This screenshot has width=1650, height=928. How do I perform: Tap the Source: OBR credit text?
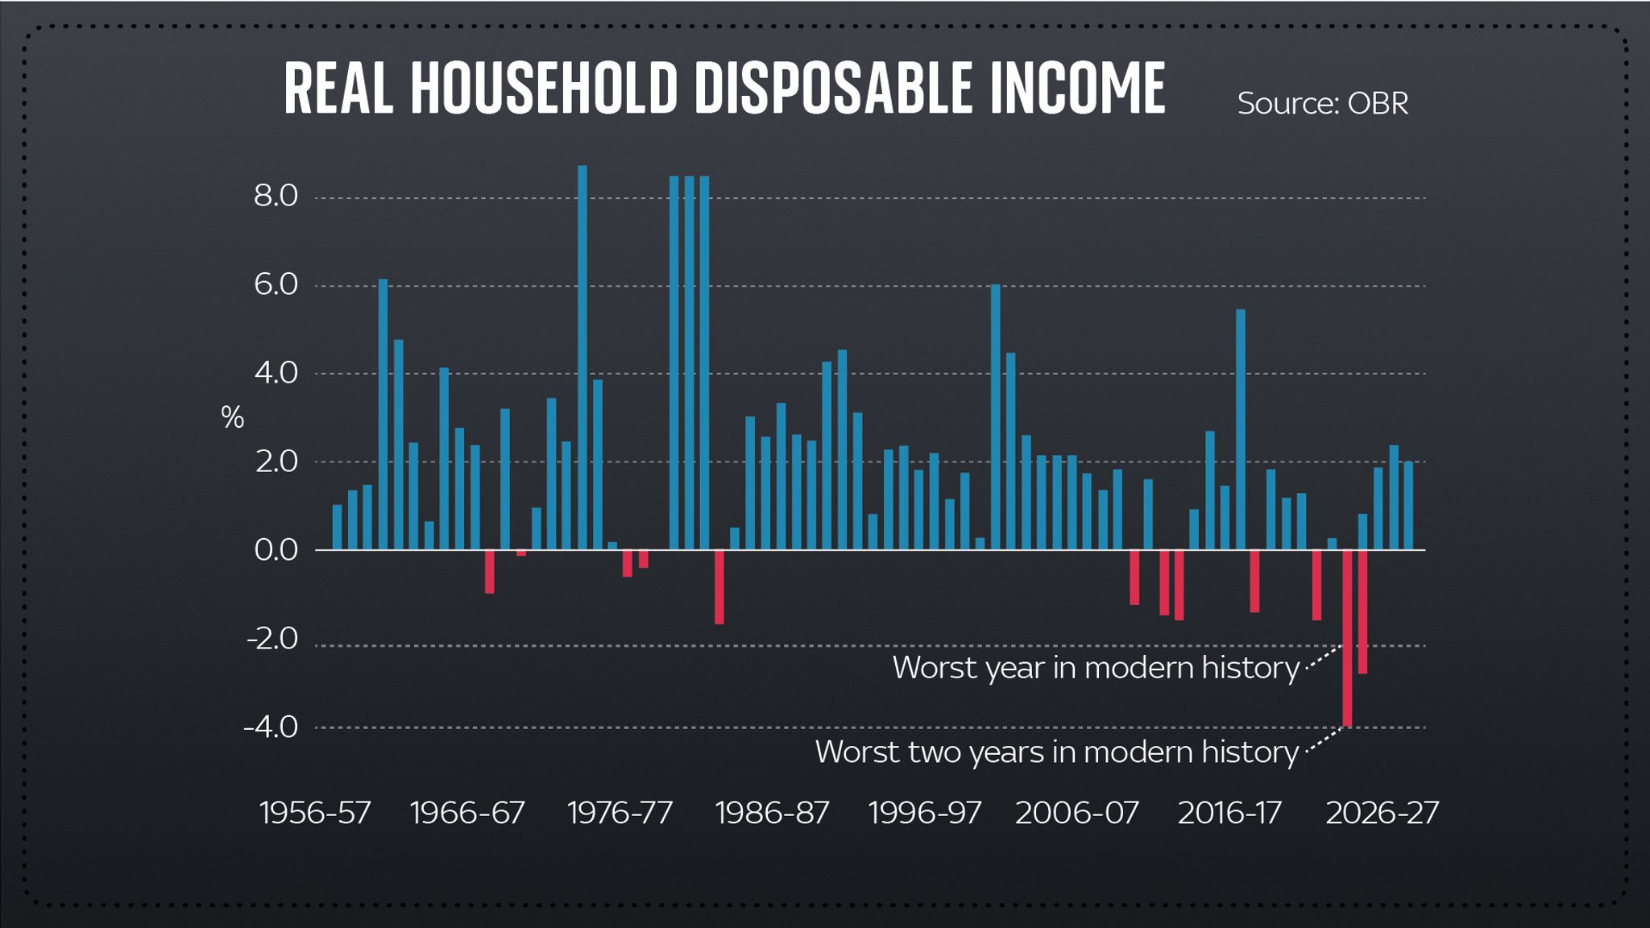coord(1322,103)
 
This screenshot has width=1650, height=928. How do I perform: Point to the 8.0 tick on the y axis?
coord(276,196)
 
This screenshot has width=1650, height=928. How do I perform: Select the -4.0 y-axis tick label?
coord(271,727)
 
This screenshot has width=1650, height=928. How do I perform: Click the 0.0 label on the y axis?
coord(276,550)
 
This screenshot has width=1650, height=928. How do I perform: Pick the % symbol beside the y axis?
coord(232,417)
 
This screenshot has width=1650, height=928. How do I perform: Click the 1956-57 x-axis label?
coord(315,813)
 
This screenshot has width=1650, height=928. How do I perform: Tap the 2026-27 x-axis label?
coord(1382,813)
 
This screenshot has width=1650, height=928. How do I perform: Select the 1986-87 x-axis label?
coord(772,813)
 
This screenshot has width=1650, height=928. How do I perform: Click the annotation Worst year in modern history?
coord(1096,668)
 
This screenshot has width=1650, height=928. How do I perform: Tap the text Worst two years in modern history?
coord(1056,752)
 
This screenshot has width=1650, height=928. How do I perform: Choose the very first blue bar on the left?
coord(337,528)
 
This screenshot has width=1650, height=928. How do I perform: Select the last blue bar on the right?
coord(1408,506)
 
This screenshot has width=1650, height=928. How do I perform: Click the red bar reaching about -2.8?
coord(1362,612)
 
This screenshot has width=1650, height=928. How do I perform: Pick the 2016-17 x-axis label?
coord(1229,813)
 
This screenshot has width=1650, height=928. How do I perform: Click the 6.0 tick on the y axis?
coord(276,284)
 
